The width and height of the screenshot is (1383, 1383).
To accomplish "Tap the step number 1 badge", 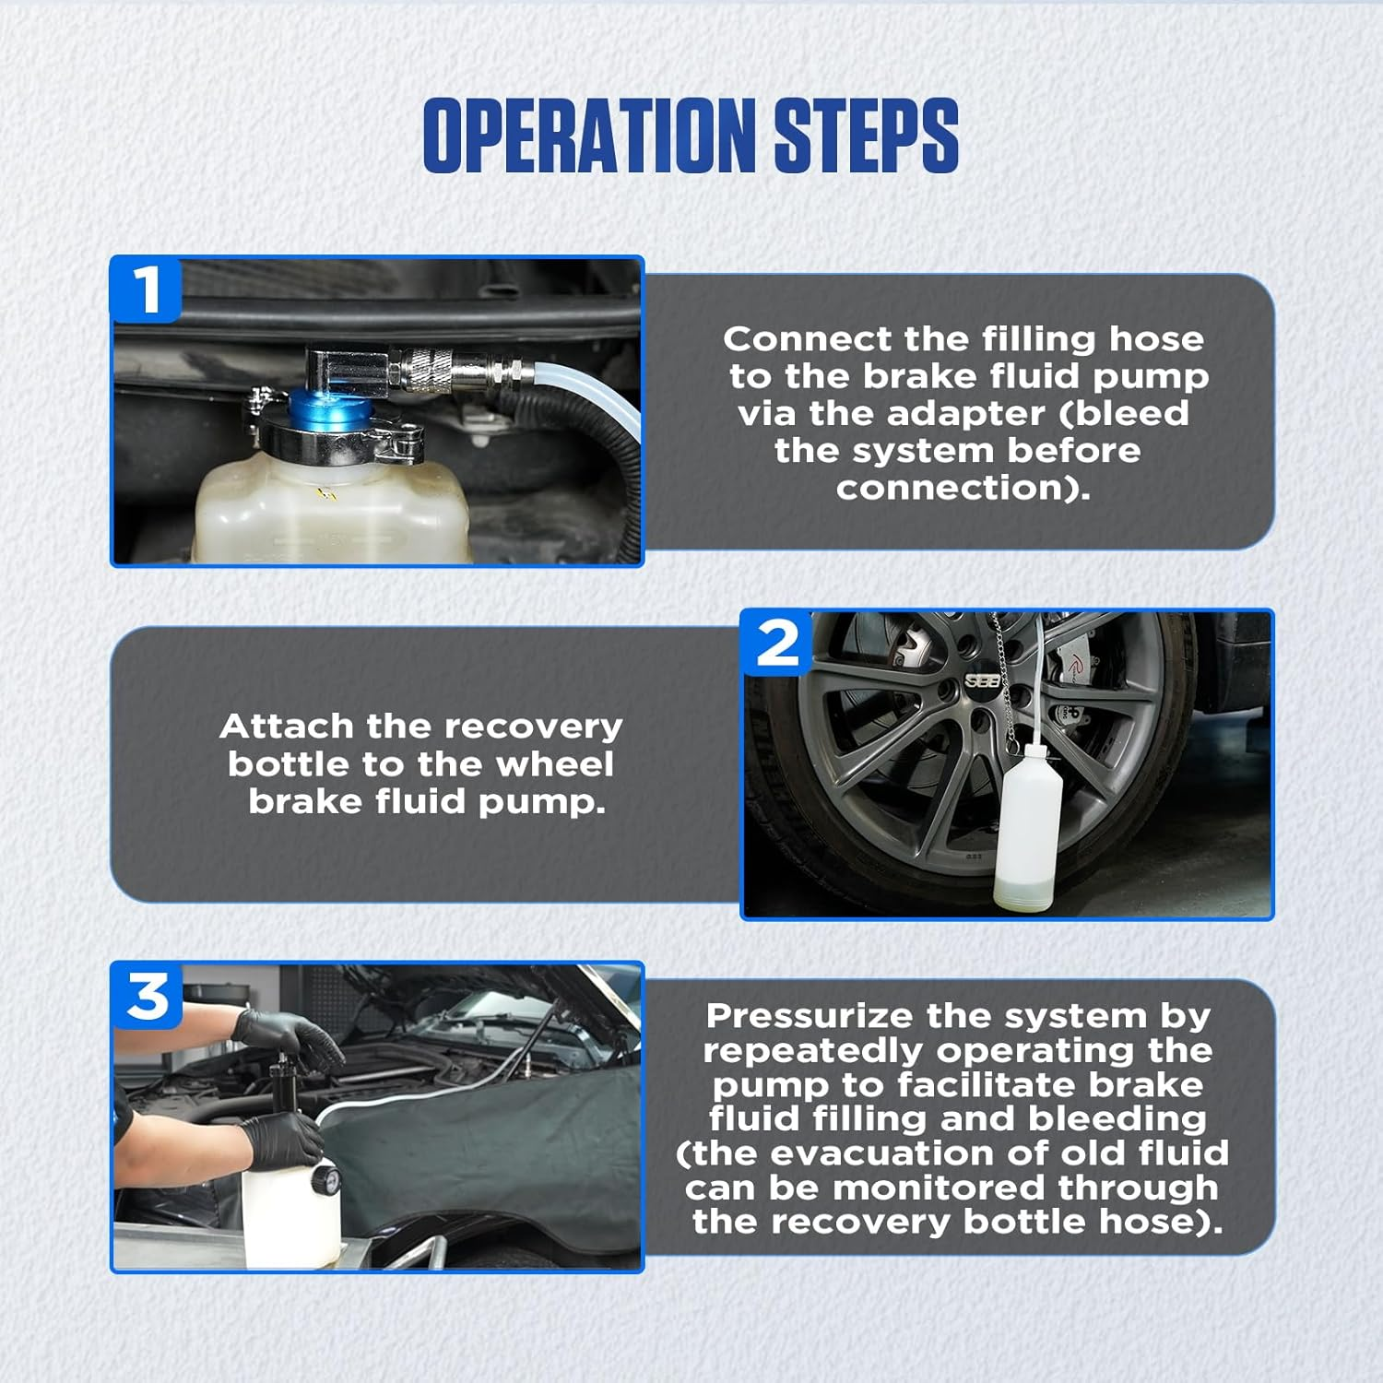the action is coord(146,290).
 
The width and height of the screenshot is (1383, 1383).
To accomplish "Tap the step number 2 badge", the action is coord(777,643).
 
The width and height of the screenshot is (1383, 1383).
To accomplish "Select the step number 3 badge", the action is coord(147,996).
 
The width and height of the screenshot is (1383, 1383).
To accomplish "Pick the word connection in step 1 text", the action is coord(963,488).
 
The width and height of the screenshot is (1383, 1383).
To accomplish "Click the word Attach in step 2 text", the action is coord(287,727).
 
